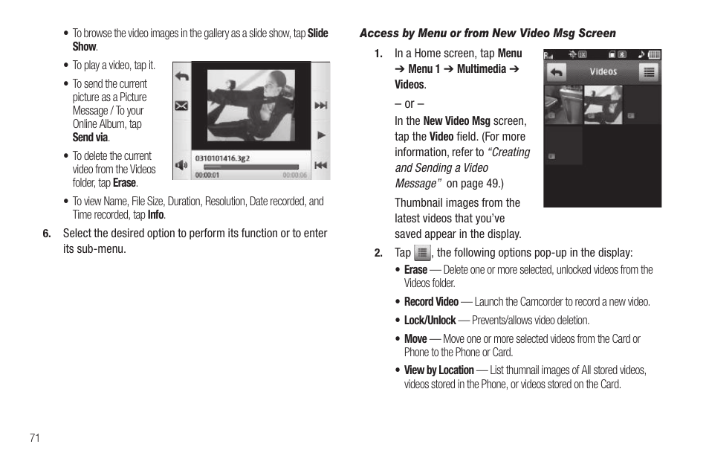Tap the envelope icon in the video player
pos(181,106)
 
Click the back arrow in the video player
pos(181,76)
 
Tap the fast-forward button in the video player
pos(320,106)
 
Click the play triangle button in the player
pos(321,135)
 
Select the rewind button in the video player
pos(320,165)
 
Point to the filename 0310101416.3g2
pos(222,158)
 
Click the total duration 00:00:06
pos(294,176)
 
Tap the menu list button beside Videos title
pos(649,72)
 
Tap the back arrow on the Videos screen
pos(556,72)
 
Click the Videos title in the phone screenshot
pos(603,72)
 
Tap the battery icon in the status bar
pos(654,55)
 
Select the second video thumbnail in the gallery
pos(603,104)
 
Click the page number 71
pos(35,437)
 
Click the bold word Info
pos(155,215)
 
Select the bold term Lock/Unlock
pos(430,321)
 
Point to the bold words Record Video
pos(431,302)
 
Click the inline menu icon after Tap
pos(421,253)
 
